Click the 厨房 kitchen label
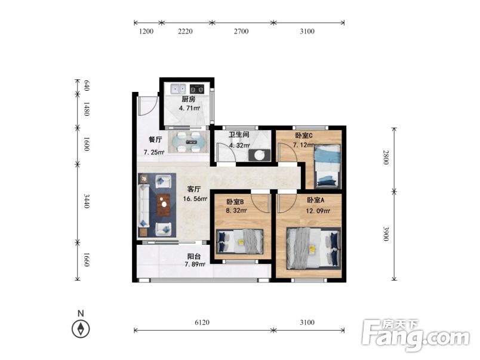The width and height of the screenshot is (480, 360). (x=188, y=99)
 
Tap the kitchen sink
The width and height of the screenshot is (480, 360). (x=178, y=89)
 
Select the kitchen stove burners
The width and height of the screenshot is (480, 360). (x=197, y=89)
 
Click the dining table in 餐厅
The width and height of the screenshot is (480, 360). (x=189, y=142)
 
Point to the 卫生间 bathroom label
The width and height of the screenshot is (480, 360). (x=239, y=134)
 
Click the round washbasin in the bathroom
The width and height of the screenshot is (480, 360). (x=260, y=155)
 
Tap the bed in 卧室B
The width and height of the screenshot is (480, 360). (x=239, y=242)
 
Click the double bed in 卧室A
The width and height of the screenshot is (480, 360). (x=313, y=248)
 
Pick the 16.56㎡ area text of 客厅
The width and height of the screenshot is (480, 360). (x=195, y=199)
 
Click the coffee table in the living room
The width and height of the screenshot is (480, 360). (x=163, y=205)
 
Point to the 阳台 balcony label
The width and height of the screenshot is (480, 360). (x=194, y=257)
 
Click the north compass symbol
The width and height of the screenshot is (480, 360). (x=81, y=329)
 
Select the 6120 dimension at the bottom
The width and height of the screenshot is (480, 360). (x=202, y=322)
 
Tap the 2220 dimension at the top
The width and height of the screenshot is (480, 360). (x=185, y=31)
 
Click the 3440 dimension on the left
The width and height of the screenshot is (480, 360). (x=87, y=201)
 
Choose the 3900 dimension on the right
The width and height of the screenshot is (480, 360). (x=386, y=233)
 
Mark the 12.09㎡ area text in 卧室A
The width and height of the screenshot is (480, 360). (x=318, y=211)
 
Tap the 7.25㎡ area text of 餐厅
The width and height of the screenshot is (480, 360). (x=154, y=152)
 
